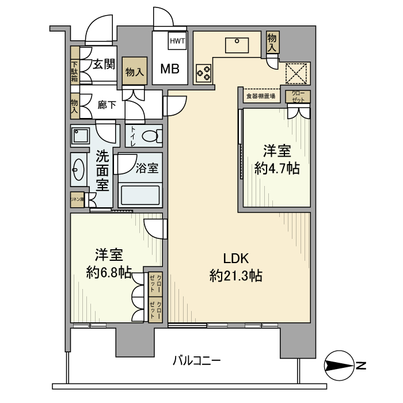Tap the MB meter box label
click(169, 69)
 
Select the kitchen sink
click(237, 44)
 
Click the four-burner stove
click(204, 72)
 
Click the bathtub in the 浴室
click(140, 195)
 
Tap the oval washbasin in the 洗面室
click(79, 170)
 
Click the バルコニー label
click(196, 361)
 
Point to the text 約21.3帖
click(236, 276)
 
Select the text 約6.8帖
click(108, 272)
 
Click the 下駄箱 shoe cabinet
click(75, 71)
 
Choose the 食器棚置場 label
click(260, 96)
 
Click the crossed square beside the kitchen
click(297, 73)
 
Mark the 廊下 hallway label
click(107, 105)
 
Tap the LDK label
click(236, 258)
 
